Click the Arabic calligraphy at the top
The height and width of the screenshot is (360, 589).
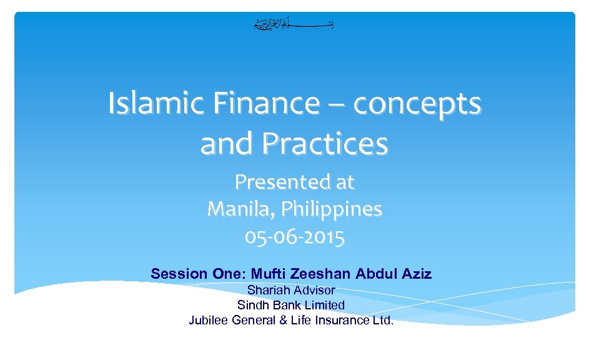tap(294, 25)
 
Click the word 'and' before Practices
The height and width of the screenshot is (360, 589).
tap(228, 144)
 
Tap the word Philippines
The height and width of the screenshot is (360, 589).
tap(331, 209)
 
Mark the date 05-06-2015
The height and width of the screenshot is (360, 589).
tap(294, 237)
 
